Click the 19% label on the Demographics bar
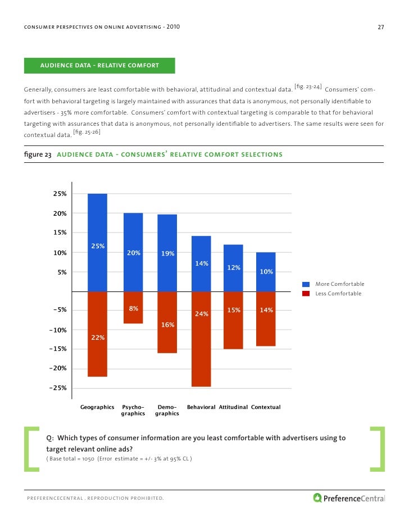[x=167, y=254]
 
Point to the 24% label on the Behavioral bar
[x=201, y=314]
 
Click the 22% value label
[x=98, y=338]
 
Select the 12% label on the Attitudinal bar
[x=234, y=268]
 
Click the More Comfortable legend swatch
[x=306, y=284]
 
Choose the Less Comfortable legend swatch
[x=306, y=293]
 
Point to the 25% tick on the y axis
[x=60, y=194]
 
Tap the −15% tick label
[x=58, y=349]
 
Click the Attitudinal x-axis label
[x=233, y=407]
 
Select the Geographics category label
[x=97, y=407]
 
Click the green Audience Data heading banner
[x=99, y=66]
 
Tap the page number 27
[x=380, y=28]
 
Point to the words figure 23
[x=37, y=154]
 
